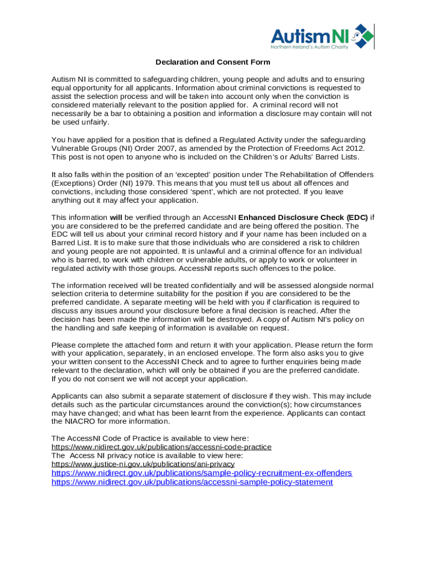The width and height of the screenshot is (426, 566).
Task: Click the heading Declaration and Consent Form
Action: point(212,62)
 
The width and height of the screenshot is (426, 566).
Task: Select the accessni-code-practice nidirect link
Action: point(162,447)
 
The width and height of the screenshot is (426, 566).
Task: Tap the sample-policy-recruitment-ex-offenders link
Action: point(201,473)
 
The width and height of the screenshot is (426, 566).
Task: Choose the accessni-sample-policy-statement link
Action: point(192,482)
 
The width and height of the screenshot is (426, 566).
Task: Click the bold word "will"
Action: point(116,217)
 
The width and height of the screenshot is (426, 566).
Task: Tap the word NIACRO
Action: point(80,422)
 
